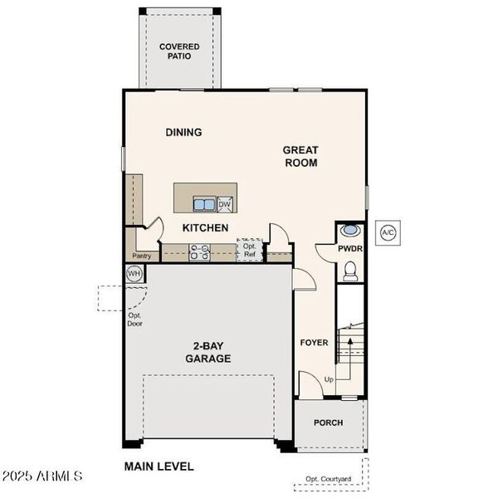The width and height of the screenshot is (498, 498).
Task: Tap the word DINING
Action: [x=183, y=132]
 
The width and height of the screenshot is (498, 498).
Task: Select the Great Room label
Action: [x=300, y=156]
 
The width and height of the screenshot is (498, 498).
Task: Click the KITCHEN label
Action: [x=205, y=227]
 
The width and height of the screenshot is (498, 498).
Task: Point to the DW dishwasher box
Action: [x=225, y=204]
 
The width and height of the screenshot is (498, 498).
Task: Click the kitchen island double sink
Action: [x=204, y=204]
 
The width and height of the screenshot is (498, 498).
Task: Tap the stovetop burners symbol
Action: [x=199, y=252]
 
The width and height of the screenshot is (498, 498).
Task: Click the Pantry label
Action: [x=142, y=256]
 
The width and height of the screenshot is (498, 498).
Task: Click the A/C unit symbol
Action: [x=388, y=233]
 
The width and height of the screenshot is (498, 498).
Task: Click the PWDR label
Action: [x=350, y=248]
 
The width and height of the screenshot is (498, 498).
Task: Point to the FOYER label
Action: [x=314, y=342]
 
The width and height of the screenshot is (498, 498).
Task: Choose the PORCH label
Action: [x=328, y=422]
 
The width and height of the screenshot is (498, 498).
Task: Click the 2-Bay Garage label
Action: [x=207, y=353]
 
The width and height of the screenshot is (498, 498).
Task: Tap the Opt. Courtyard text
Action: [x=329, y=479]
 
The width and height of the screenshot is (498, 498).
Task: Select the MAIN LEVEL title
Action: [x=159, y=466]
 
